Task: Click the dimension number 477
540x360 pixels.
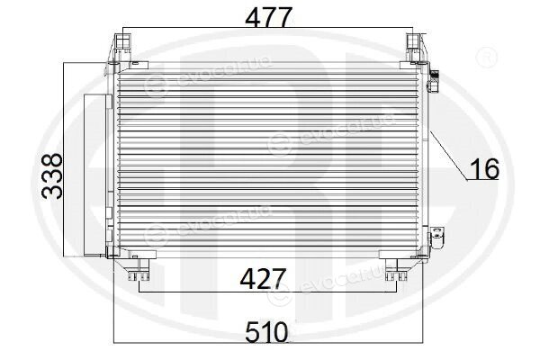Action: point(268,17)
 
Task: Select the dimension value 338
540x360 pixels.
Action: point(52,176)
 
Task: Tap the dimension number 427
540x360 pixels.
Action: point(264,279)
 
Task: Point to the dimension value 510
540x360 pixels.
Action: point(266,332)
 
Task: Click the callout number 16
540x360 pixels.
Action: point(484,169)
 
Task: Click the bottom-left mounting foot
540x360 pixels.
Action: point(139,270)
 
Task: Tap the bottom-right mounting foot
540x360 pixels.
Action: point(396,270)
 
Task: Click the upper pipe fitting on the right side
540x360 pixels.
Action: point(433,81)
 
